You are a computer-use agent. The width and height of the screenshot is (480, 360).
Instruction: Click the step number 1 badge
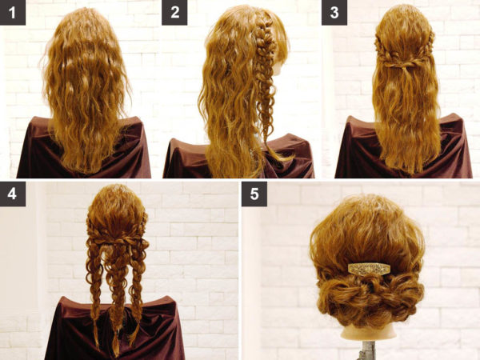(x=13, y=13)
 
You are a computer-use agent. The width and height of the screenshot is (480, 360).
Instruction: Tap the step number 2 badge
(x=174, y=13)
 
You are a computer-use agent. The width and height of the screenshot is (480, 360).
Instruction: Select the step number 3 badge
(x=334, y=13)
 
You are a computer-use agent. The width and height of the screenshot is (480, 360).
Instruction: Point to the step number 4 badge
(x=13, y=194)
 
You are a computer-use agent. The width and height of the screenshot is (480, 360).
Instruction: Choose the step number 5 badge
(x=254, y=194)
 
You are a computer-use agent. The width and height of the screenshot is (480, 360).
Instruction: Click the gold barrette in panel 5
(x=369, y=269)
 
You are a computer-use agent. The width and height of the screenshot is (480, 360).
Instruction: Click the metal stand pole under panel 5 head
(x=367, y=350)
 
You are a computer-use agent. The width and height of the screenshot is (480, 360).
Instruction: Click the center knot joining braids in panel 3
(x=406, y=65)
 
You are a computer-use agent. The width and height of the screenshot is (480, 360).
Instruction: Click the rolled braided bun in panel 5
(x=368, y=298)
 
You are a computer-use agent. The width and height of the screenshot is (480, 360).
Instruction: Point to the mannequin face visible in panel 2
(x=278, y=66)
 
